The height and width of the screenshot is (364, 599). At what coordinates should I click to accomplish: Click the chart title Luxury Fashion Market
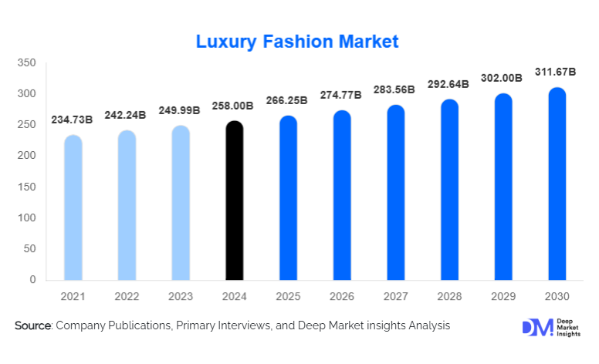tap(297, 42)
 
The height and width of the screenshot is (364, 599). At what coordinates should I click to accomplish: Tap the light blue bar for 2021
tap(73, 207)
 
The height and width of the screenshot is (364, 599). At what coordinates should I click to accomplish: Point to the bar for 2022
tap(127, 205)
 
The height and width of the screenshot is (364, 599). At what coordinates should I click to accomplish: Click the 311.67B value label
tap(556, 72)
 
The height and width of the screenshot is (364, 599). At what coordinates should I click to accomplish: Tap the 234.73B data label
tap(73, 120)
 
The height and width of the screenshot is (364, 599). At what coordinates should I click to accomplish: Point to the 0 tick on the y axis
tap(32, 280)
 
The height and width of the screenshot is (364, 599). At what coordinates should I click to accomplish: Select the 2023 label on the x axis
tap(181, 296)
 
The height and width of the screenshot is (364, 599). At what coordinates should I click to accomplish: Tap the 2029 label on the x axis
tap(503, 296)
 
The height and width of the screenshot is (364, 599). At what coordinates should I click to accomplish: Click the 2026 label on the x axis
tap(342, 296)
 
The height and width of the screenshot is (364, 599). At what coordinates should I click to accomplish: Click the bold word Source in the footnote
tap(32, 326)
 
